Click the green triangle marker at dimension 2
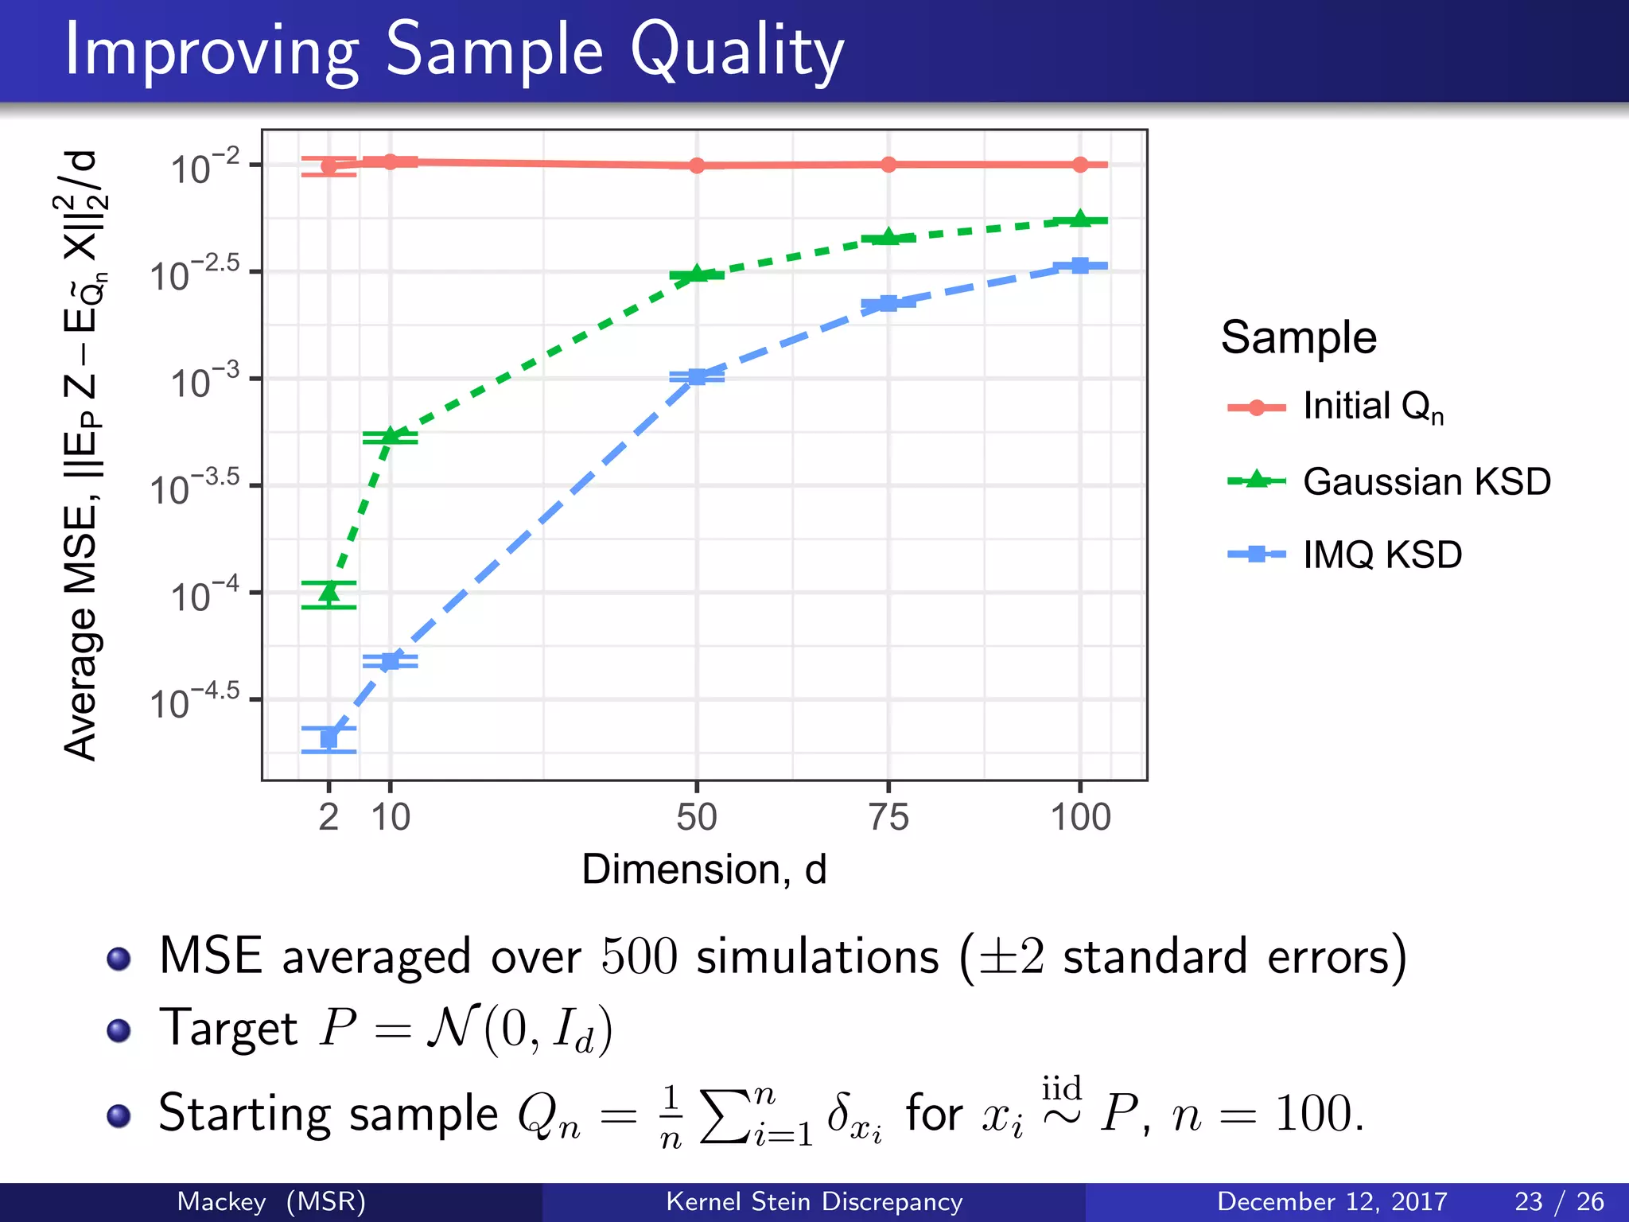[329, 593]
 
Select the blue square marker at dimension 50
[697, 376]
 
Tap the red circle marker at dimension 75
[888, 165]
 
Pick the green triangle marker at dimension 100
[1079, 219]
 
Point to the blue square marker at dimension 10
[390, 661]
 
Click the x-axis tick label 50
[697, 817]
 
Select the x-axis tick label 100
[1080, 817]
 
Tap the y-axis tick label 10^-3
[204, 382]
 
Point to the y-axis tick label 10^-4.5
[194, 702]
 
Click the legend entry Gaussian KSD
[1426, 481]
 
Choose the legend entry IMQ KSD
[1382, 555]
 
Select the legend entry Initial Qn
[1372, 407]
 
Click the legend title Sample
[1298, 337]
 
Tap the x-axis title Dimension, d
[704, 869]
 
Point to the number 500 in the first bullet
[639, 956]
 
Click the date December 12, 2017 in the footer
[1332, 1201]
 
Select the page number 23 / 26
[1558, 1201]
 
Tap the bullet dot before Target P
[119, 1030]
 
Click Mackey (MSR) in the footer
[270, 1201]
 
